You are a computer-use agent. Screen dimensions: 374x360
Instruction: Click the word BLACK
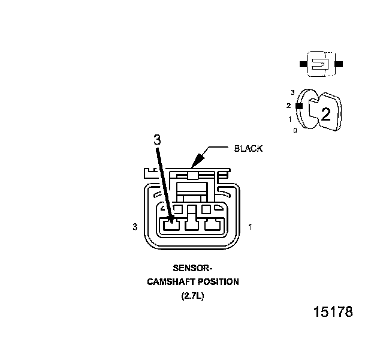tap(248, 148)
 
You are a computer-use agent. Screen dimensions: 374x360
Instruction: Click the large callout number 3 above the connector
tap(157, 140)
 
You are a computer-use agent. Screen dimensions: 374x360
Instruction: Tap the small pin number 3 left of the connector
tap(136, 227)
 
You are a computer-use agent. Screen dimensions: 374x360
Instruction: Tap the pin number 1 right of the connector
tap(249, 227)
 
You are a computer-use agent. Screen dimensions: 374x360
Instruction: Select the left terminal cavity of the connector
tap(172, 226)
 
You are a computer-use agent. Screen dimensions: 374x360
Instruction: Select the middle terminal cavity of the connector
tap(191, 226)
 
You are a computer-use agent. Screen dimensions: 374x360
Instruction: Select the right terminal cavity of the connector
tap(211, 226)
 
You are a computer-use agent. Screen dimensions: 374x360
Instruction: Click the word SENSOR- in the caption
tap(192, 269)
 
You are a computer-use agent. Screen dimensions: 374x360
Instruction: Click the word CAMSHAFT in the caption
tap(171, 282)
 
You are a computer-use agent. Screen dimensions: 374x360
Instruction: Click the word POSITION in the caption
tap(217, 282)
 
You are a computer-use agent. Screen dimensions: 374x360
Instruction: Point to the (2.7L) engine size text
tap(192, 296)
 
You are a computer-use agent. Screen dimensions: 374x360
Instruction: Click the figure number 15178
tap(333, 313)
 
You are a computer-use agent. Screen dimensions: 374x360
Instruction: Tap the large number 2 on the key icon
tap(325, 115)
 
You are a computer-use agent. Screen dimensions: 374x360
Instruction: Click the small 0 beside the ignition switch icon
tap(295, 130)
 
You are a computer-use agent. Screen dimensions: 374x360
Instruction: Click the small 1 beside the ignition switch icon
tap(290, 119)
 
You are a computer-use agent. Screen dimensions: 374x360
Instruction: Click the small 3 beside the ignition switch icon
tap(292, 92)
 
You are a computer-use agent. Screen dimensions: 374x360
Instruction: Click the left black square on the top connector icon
tap(303, 64)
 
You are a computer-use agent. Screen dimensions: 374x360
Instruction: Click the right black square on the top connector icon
tap(339, 64)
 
